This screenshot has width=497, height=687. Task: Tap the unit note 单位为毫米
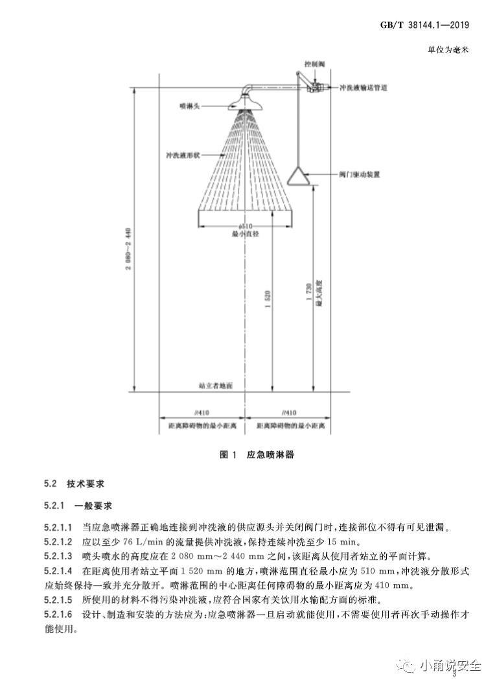(x=448, y=48)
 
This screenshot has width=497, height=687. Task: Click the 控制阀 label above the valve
(x=314, y=65)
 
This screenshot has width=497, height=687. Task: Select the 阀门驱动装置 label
(x=359, y=175)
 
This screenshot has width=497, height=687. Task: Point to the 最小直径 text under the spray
(x=245, y=233)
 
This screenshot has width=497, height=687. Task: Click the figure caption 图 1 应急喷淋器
(x=257, y=455)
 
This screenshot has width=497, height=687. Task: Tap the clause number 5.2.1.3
(x=58, y=556)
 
